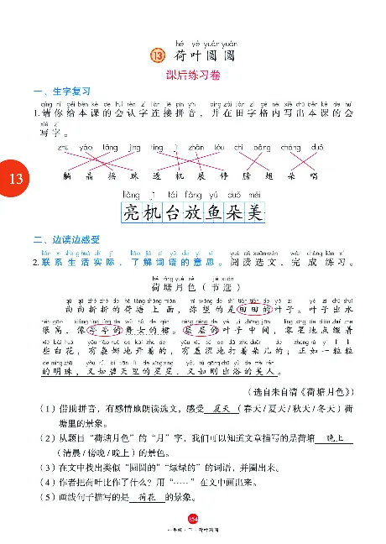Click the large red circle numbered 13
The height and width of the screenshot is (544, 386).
15,179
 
